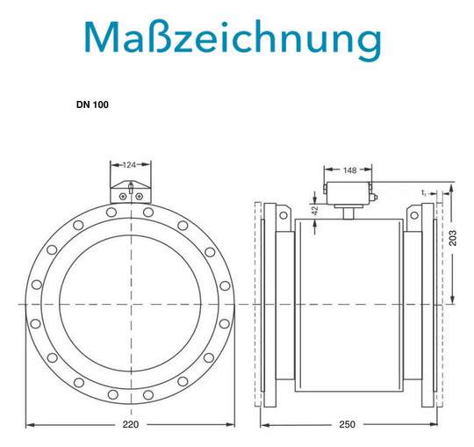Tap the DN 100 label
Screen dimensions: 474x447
pos(92,105)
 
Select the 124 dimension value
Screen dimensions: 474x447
pos(129,165)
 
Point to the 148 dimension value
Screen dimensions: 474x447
pos(349,170)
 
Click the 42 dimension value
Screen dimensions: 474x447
pos(315,211)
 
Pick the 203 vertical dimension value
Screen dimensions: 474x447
pos(453,238)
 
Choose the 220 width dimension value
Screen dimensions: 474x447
pos(131,424)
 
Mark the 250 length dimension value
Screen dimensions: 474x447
pos(347,424)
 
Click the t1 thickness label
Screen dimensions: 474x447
pos(424,192)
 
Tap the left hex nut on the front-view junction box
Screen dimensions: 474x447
pos(122,197)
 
